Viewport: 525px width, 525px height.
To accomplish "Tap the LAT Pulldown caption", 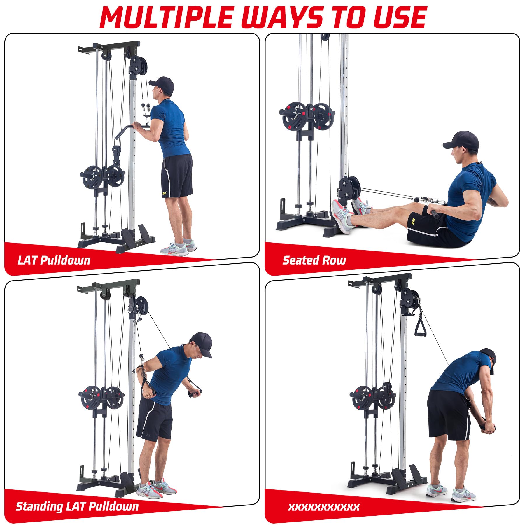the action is click(x=54, y=260).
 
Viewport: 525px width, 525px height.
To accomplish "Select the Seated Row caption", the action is click(x=314, y=260).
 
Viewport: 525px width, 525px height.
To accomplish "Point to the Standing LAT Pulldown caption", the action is click(x=77, y=506).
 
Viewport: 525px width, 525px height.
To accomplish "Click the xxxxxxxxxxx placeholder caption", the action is click(x=324, y=507).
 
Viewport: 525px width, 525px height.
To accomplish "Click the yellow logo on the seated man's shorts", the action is click(x=414, y=216).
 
